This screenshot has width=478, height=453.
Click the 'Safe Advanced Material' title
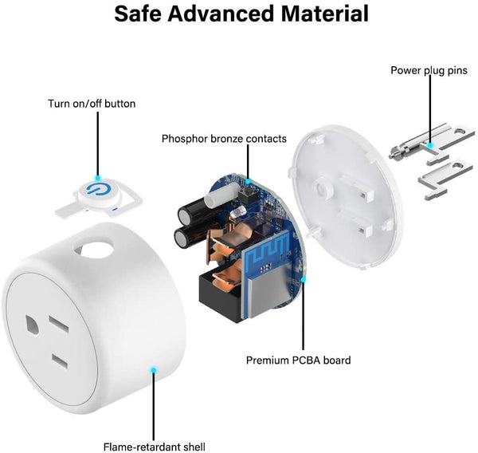point(241,14)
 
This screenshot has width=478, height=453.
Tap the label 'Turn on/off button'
point(92,104)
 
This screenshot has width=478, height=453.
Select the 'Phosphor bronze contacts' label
point(224,139)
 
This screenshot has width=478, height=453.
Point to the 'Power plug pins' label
point(429,71)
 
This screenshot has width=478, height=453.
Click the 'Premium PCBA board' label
point(299,360)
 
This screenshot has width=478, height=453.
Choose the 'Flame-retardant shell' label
point(155,447)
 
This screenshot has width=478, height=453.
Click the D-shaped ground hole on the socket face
point(33,325)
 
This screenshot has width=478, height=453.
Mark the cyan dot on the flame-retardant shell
point(154,370)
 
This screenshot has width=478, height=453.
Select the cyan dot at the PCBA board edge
point(304,279)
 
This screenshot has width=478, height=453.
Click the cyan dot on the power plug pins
point(430,144)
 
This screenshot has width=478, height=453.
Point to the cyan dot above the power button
point(97,177)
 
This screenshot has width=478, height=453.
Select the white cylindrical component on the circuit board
point(221,195)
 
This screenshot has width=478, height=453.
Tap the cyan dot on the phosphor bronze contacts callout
point(248,182)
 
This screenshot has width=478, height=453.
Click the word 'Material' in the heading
point(325,14)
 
